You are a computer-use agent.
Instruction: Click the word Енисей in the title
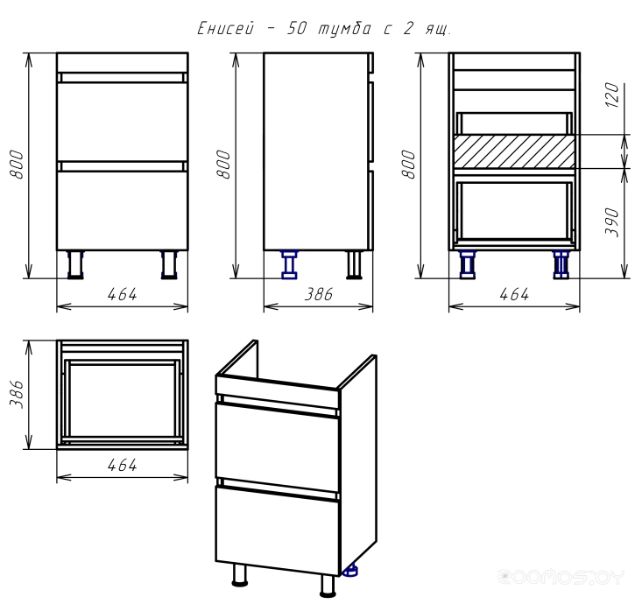pos(225,29)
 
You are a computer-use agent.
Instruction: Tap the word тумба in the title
pos(345,29)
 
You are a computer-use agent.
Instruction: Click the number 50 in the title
pos(296,29)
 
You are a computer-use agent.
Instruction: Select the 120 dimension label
pos(612,95)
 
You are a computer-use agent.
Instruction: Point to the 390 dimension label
pos(612,222)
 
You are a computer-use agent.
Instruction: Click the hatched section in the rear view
pos(514,151)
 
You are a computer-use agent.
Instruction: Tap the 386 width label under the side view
pos(319,294)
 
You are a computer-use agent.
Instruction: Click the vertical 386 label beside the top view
pos(17,394)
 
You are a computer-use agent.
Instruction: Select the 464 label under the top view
pos(122,466)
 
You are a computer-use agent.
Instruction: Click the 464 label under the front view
pos(122,294)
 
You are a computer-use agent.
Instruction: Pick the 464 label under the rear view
pos(514,294)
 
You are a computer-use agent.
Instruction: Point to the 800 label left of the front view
pos(17,165)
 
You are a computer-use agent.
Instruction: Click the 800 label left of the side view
pos(223,165)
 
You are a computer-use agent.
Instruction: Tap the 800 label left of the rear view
pos(409,165)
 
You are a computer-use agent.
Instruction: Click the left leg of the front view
pos(75,264)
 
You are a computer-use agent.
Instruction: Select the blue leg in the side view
pos(290,265)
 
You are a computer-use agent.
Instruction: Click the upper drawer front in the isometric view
pos(278,446)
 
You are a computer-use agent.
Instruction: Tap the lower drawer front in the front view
pos(123,210)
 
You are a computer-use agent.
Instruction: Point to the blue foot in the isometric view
pos(349,571)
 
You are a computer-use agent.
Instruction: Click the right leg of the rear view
pos(561,264)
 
